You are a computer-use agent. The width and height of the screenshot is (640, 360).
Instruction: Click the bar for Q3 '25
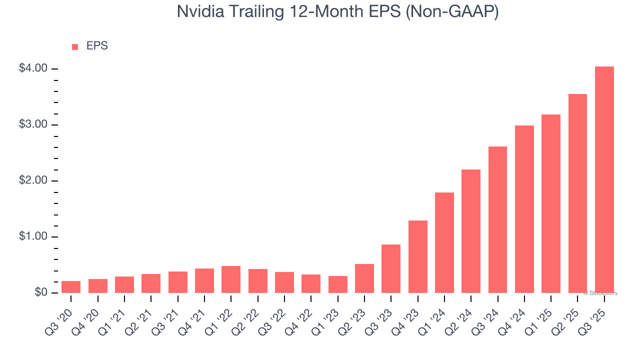(604, 179)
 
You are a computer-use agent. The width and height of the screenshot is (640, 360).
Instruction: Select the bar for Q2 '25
(577, 193)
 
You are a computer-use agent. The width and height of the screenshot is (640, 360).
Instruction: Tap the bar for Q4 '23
(417, 256)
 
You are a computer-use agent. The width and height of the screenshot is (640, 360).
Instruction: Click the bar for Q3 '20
(71, 287)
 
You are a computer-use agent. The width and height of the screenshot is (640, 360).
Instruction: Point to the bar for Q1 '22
(231, 279)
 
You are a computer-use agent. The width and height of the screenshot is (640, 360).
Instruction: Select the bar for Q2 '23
(364, 278)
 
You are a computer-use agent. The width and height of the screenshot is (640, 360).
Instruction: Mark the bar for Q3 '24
(497, 219)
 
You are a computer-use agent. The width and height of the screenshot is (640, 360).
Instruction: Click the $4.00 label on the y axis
(33, 68)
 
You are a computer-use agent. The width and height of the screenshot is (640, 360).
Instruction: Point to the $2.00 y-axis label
(33, 180)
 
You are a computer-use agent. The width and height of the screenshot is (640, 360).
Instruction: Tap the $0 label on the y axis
(40, 292)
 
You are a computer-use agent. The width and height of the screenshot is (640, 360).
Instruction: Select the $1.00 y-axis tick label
(33, 236)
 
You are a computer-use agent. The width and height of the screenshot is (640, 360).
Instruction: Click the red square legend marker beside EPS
(75, 46)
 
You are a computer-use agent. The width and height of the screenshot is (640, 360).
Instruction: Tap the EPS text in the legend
(97, 46)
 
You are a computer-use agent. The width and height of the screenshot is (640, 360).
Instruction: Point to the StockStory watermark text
(601, 293)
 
